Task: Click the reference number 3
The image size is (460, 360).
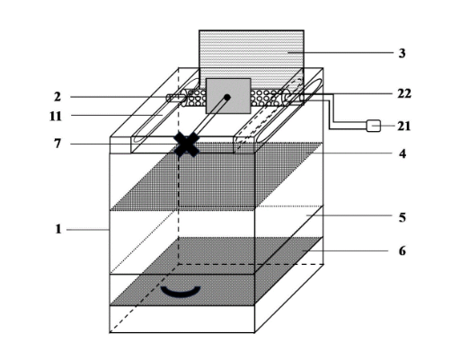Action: pyautogui.click(x=402, y=53)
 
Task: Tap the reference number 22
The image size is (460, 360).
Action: pyautogui.click(x=404, y=93)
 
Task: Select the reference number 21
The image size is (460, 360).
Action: pyautogui.click(x=404, y=126)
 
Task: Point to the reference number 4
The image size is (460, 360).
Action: pyautogui.click(x=402, y=154)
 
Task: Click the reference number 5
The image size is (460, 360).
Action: pyautogui.click(x=402, y=217)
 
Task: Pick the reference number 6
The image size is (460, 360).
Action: pyautogui.click(x=402, y=250)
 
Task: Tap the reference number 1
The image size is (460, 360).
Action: pyautogui.click(x=58, y=229)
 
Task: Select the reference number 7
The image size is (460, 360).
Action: pyautogui.click(x=57, y=144)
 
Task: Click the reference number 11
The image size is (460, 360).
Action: pyautogui.click(x=56, y=116)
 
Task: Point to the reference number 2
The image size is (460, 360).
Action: pyautogui.click(x=57, y=97)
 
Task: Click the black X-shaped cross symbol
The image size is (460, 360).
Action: pyautogui.click(x=187, y=145)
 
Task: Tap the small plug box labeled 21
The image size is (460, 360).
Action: pyautogui.click(x=374, y=126)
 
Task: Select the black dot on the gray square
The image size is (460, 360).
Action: pyautogui.click(x=227, y=97)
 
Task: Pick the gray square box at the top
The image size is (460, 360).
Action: pyautogui.click(x=228, y=96)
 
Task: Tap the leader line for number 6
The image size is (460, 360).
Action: pyautogui.click(x=345, y=250)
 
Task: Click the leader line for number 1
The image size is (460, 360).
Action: pyautogui.click(x=88, y=230)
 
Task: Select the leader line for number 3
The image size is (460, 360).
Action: pyautogui.click(x=341, y=53)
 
